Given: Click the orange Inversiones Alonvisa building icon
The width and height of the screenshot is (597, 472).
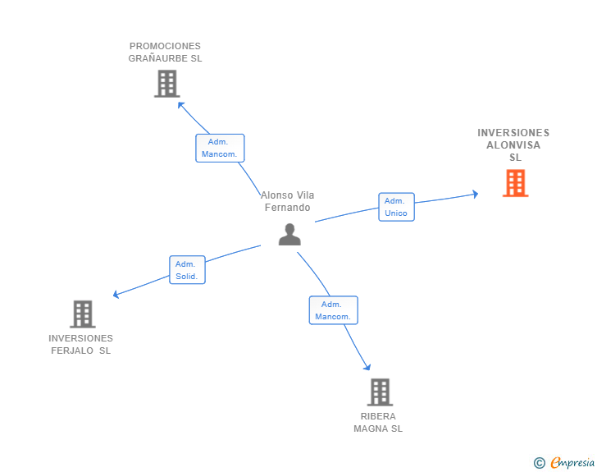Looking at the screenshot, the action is (516, 183).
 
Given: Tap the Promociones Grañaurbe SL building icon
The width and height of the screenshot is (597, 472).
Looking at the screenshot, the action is (167, 84).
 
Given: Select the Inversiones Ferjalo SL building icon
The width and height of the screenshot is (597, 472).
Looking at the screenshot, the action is (83, 314).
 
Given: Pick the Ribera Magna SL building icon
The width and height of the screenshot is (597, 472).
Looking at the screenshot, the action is (380, 392).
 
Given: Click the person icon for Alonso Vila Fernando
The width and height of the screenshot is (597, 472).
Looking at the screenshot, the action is (289, 235).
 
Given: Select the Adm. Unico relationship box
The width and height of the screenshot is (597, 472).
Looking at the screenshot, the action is (396, 207).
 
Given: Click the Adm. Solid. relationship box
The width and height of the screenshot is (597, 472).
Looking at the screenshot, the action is (187, 270).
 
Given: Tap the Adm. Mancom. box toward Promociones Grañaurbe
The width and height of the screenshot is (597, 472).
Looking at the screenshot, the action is (220, 148).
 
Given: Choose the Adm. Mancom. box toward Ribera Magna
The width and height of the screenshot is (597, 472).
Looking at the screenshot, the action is (334, 310).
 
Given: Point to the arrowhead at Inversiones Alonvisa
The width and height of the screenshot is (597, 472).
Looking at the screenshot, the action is (476, 194).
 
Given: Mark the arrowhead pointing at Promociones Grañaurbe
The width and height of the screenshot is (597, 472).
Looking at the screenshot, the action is (181, 105).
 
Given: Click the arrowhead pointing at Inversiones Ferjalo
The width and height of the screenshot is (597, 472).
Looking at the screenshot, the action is (116, 295).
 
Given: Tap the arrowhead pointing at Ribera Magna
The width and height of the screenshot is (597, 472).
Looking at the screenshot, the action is (367, 367).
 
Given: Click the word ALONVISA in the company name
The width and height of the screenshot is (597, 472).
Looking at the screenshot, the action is (513, 145).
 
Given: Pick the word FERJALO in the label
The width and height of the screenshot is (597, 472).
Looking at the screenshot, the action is (72, 351).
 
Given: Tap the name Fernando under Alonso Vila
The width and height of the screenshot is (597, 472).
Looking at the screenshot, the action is (288, 208).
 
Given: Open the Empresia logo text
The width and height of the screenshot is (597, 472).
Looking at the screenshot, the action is (572, 462).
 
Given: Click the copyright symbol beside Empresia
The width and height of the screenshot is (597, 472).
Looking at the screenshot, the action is (540, 463).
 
